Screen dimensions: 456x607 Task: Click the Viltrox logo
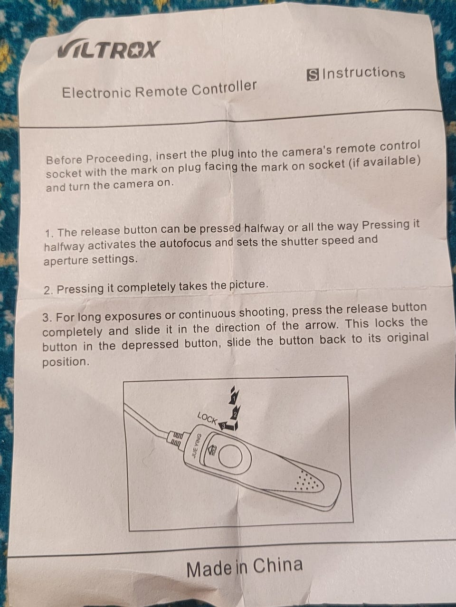(109, 50)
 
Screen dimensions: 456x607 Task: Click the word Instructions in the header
(364, 74)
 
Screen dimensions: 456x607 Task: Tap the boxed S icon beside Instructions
(313, 75)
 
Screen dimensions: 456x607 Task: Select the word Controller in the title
(224, 88)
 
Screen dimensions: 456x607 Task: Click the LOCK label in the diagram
(207, 418)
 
